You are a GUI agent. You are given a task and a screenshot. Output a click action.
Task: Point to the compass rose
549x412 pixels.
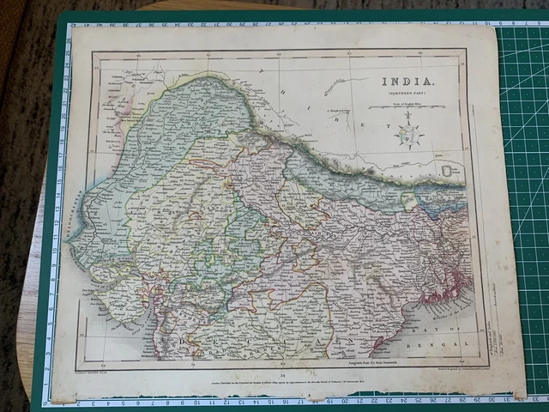coord(408,135)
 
